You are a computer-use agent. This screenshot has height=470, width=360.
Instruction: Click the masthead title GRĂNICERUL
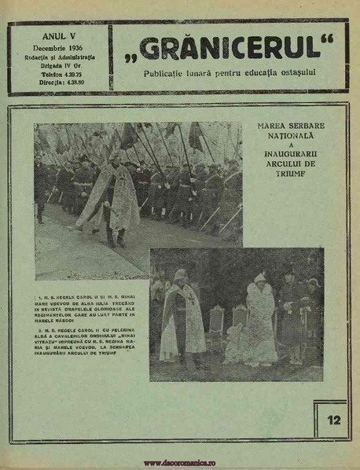(235, 49)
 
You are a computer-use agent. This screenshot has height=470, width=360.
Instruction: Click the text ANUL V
(58, 36)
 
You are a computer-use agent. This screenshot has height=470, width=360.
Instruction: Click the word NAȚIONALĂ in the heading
(290, 134)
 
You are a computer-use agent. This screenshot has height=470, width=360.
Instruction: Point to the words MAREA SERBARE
(290, 125)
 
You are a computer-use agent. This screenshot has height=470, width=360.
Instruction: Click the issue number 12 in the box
(333, 419)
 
